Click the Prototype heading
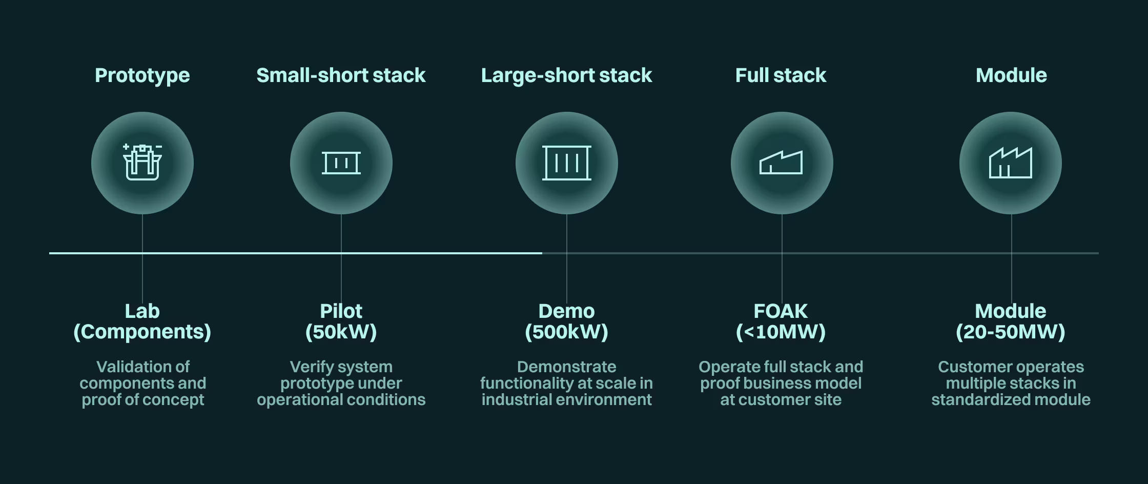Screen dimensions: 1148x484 142,75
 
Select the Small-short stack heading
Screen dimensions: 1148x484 341,75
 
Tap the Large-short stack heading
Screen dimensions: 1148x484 566,75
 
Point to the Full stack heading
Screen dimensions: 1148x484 781,75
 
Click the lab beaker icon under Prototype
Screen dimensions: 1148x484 142,163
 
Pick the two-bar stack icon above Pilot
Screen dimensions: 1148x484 341,163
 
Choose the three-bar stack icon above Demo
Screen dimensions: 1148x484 567,163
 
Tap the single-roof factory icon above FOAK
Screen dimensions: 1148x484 781,163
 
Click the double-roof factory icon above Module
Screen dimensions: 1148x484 1011,163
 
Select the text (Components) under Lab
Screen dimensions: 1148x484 142,332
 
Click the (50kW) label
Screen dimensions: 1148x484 341,332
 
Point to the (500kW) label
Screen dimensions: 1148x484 567,332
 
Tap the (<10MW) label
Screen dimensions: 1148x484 781,332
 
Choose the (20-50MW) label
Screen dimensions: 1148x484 1011,332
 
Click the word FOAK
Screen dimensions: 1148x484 781,311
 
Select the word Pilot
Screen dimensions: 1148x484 341,311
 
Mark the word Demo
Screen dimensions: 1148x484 567,311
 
